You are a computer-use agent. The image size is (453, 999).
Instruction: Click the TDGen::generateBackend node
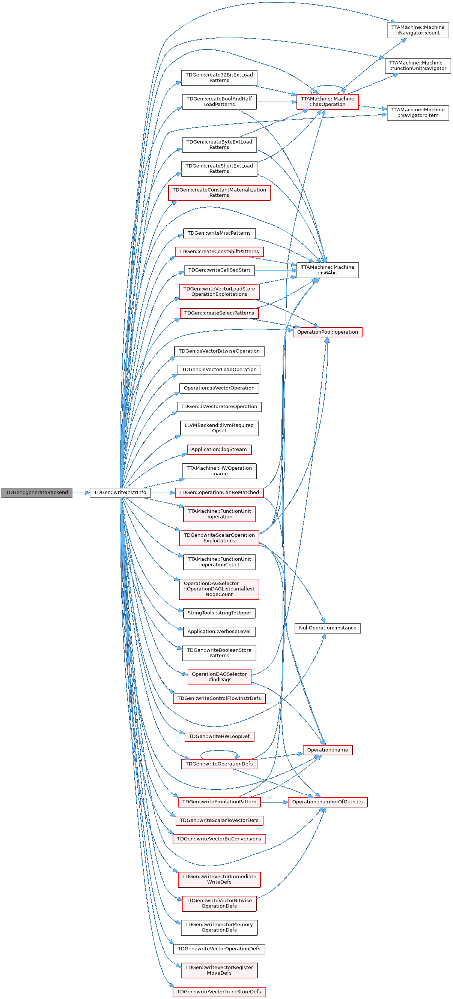(37, 493)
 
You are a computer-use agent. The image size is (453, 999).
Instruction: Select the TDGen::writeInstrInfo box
(120, 493)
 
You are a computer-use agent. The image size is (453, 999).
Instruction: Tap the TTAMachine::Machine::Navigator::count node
(418, 30)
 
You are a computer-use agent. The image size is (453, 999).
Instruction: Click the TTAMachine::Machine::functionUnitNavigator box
(418, 66)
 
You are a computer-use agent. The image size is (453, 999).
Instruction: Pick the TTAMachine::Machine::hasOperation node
(327, 102)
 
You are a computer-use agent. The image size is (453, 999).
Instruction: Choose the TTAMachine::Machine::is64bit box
(327, 270)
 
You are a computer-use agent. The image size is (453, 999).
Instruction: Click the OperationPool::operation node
(327, 332)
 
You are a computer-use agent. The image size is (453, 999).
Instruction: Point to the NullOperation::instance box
(327, 628)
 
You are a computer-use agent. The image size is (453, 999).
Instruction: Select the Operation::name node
(327, 750)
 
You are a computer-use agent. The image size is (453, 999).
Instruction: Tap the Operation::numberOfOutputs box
(327, 802)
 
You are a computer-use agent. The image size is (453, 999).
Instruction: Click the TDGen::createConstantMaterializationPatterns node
(219, 193)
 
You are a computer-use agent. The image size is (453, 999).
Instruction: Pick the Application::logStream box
(219, 449)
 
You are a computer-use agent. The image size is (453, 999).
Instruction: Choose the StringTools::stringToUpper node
(219, 613)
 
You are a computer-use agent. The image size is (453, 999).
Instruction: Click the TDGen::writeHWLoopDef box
(219, 737)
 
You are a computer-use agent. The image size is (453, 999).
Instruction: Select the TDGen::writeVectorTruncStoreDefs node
(219, 992)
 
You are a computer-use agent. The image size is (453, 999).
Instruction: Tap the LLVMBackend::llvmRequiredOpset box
(219, 428)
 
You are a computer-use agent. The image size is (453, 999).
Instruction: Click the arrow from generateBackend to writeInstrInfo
(81, 493)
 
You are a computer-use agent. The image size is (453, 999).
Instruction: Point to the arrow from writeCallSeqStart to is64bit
(275, 270)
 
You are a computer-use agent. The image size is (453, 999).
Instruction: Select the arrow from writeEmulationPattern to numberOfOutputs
(274, 802)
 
